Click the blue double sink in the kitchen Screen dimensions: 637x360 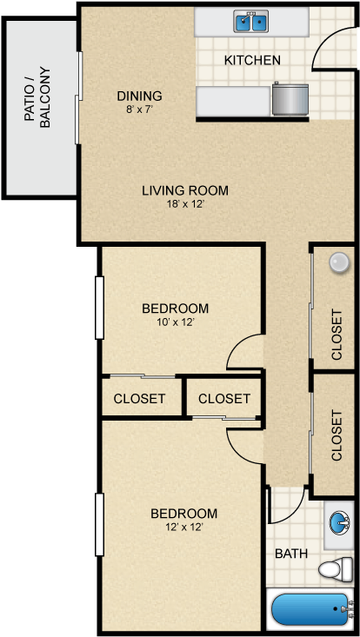pos(251,22)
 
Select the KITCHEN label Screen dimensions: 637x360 pos(252,60)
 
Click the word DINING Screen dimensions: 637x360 pos(140,96)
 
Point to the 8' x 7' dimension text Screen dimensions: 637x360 pos(140,109)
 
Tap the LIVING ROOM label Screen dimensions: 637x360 pos(185,190)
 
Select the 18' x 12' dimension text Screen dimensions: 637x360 pos(185,205)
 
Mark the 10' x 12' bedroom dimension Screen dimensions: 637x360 pos(175,322)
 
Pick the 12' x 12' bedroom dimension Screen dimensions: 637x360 pos(183,527)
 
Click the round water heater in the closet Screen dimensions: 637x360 pos(338,262)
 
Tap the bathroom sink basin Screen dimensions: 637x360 pos(338,523)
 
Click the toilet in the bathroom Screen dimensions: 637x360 pos(333,569)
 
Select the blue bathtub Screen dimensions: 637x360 pos(310,609)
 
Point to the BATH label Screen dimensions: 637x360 pos(290,554)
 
